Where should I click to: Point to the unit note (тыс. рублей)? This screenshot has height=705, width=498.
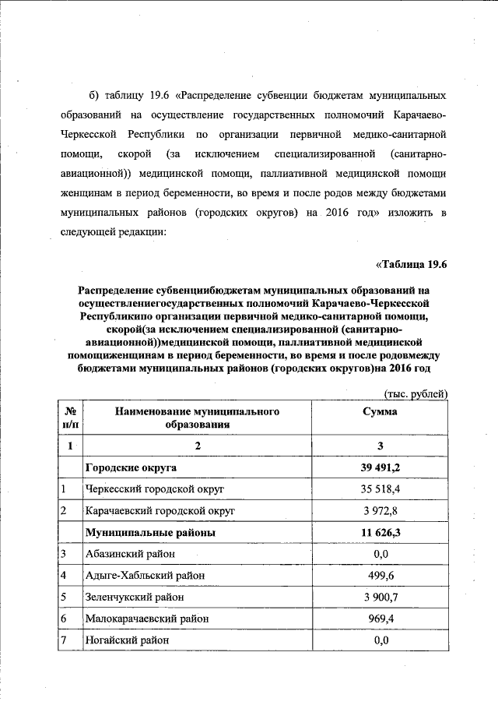[416, 394]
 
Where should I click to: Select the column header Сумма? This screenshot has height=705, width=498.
[381, 411]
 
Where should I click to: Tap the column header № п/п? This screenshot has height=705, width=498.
[70, 418]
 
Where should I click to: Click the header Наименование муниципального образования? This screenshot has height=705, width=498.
[197, 418]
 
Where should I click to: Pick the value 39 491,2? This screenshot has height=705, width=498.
[381, 467]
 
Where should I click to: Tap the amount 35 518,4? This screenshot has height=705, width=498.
[381, 489]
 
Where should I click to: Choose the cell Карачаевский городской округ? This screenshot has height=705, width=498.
[159, 511]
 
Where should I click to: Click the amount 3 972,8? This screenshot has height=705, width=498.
[381, 511]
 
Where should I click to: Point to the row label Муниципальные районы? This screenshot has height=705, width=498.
[149, 533]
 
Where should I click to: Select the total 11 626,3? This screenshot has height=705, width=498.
[381, 533]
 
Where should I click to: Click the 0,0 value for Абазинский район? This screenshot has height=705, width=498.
[381, 554]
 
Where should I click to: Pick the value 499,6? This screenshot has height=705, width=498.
[381, 576]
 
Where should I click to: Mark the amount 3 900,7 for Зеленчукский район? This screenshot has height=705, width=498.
[381, 597]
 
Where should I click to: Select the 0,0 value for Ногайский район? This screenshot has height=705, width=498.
[381, 640]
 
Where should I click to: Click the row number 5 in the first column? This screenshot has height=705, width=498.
[63, 597]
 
